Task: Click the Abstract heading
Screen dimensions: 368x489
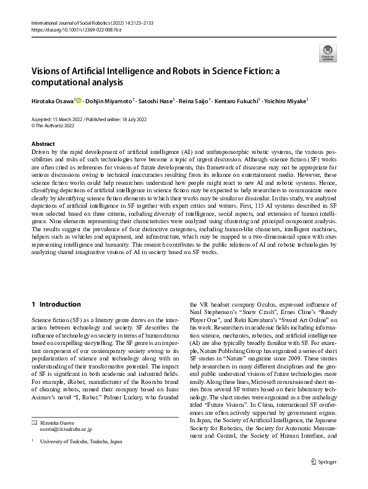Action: (42, 142)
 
